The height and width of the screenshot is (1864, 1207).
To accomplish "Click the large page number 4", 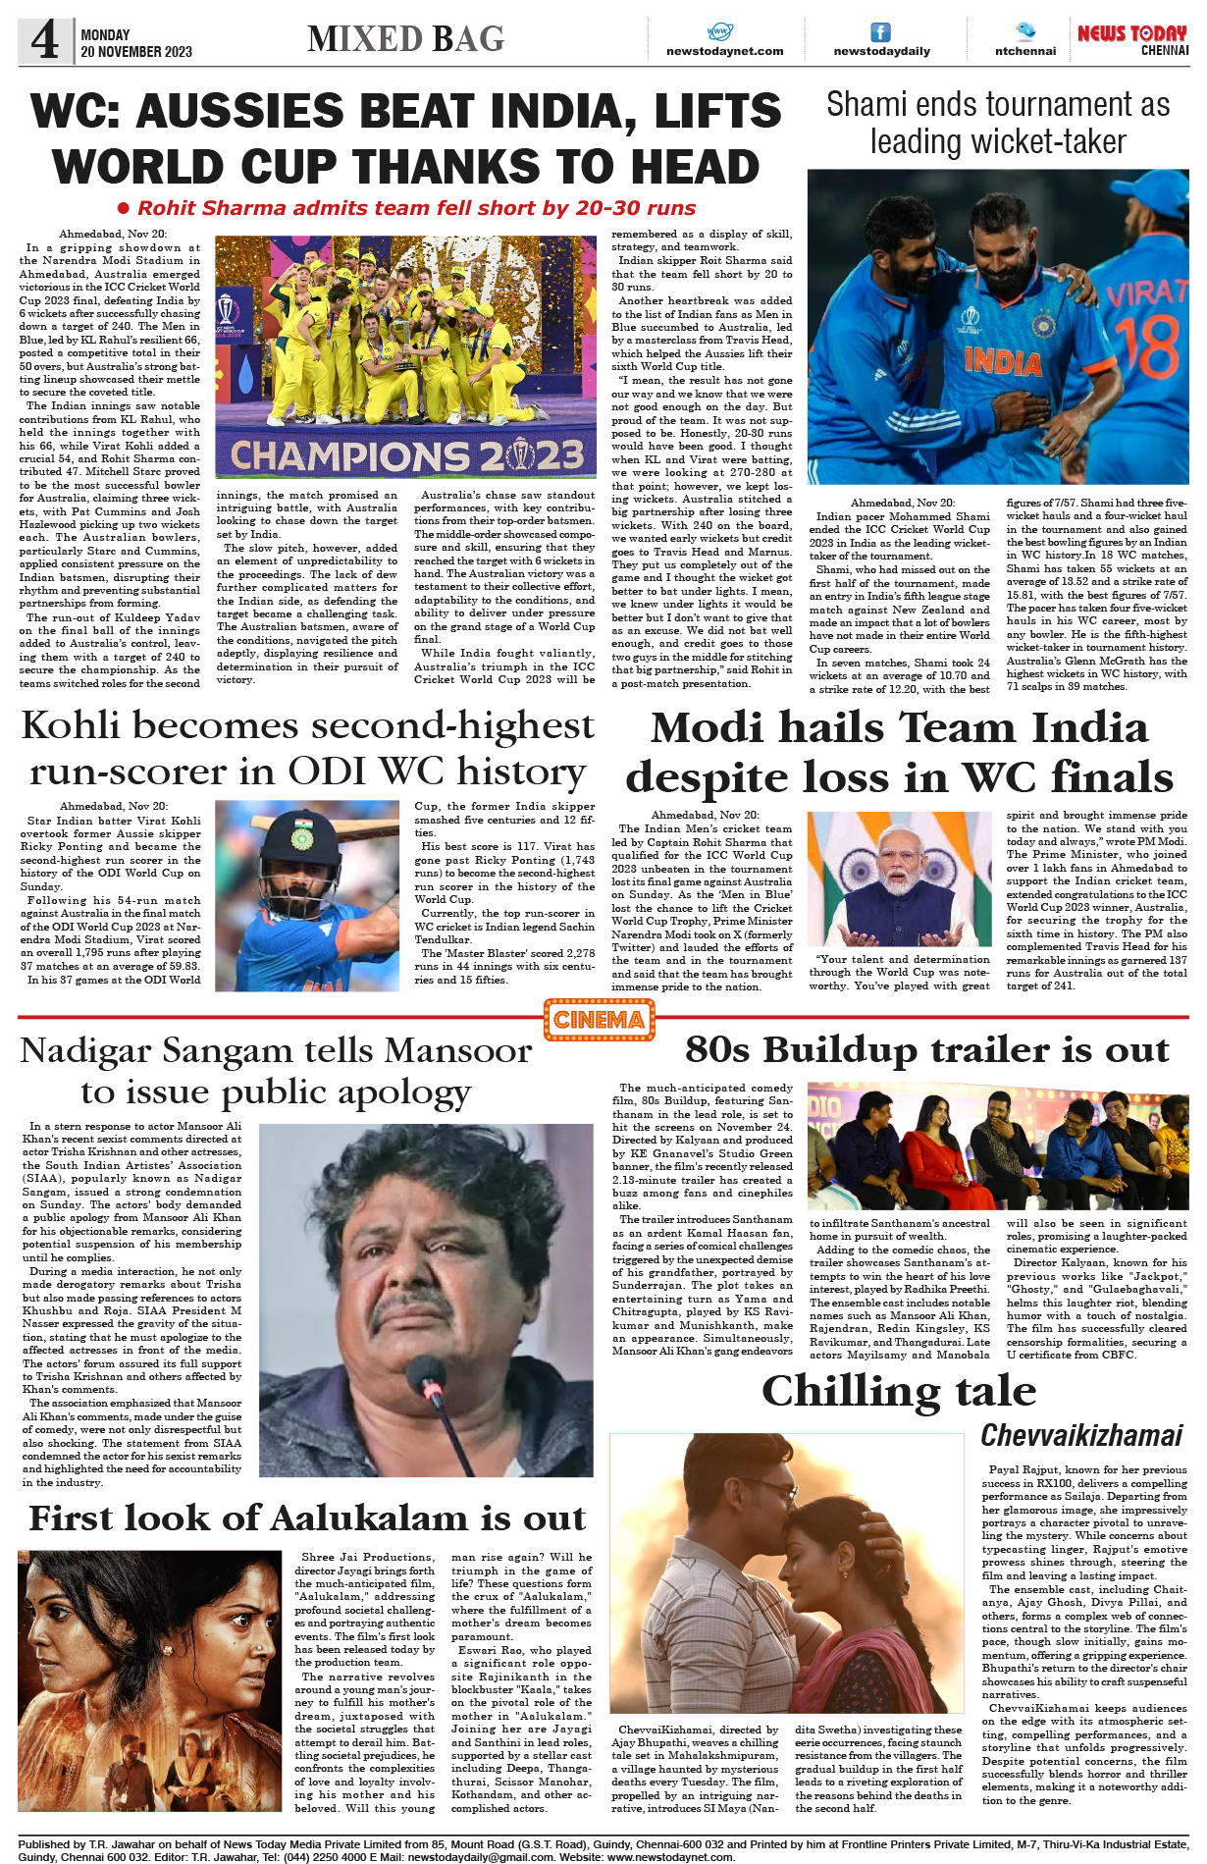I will [x=44, y=40].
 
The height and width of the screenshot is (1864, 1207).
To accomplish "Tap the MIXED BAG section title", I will [x=405, y=39].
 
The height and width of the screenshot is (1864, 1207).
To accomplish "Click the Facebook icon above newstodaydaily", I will [x=881, y=32].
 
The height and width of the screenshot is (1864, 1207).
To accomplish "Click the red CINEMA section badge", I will [x=599, y=1020].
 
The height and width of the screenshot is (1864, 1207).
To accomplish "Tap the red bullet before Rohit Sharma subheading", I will [x=124, y=208].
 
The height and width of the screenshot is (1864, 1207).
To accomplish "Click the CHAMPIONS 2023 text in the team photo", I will [x=406, y=456].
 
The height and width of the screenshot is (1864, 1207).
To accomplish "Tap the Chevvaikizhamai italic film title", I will [x=1081, y=1435].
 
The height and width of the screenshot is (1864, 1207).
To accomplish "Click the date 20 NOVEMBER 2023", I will [x=136, y=52].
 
